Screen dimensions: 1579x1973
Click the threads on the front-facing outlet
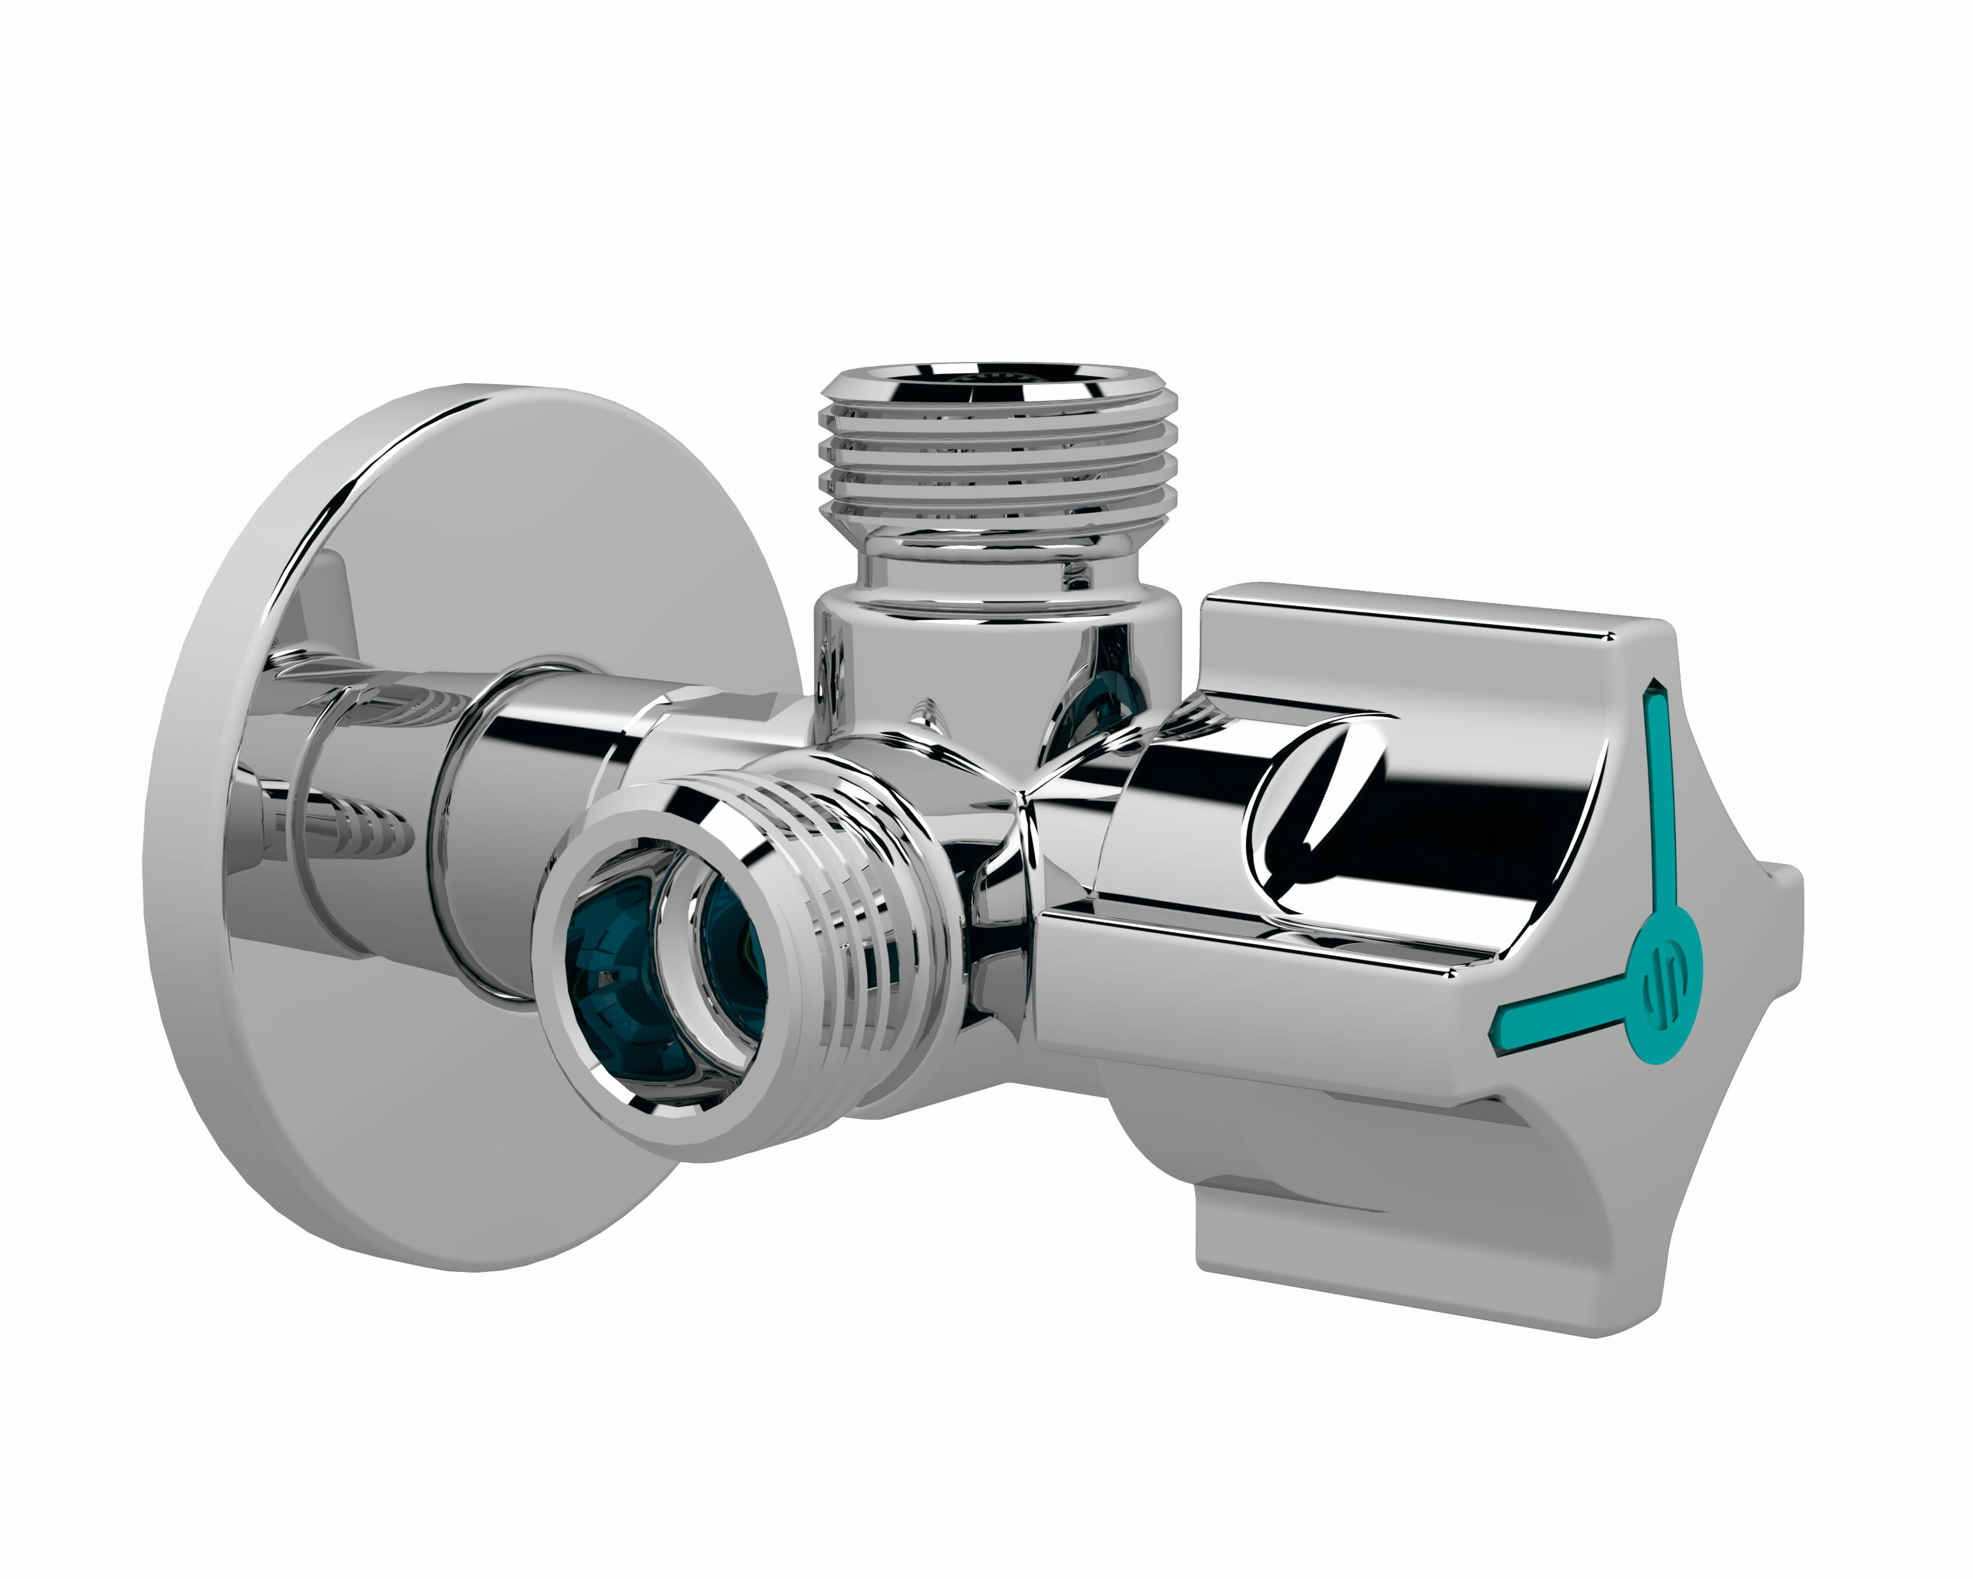click(x=851, y=915)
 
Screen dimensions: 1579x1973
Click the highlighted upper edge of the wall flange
click(x=385, y=448)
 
